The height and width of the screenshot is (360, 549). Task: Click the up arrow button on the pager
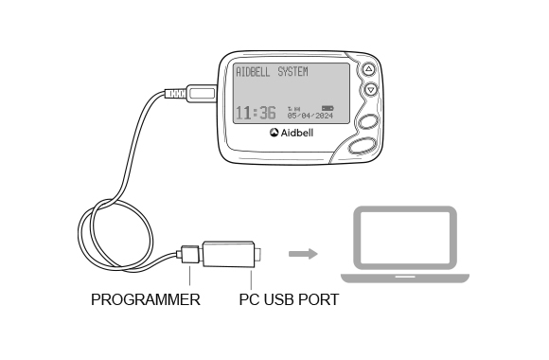(x=370, y=70)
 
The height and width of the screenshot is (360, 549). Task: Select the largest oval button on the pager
(x=364, y=146)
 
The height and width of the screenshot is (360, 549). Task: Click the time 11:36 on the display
(x=255, y=114)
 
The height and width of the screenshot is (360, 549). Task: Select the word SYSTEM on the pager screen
(x=299, y=72)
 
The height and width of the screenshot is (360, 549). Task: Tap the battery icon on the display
(x=328, y=107)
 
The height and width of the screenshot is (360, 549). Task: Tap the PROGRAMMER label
(x=145, y=300)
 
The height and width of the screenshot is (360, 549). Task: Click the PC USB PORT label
(x=288, y=300)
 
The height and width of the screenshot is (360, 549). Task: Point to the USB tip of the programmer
(x=259, y=255)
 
